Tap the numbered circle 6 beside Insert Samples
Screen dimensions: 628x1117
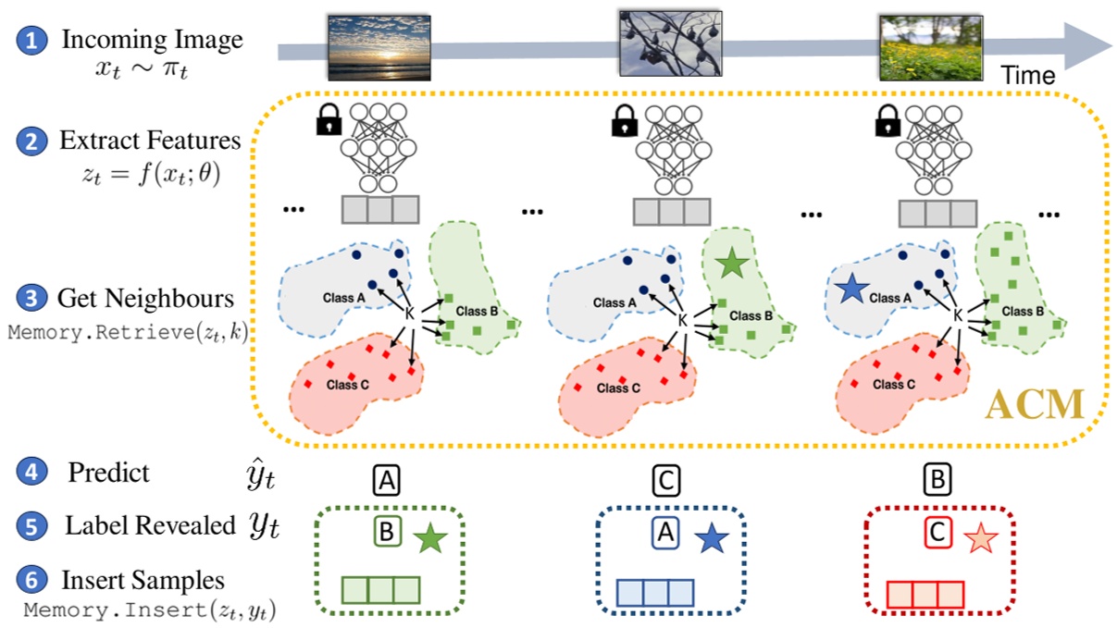[33, 580]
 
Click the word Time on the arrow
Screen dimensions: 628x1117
[1027, 76]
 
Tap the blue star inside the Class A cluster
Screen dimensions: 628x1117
[850, 289]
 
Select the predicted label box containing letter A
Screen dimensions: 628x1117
[387, 479]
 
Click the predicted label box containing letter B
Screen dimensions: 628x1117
[937, 479]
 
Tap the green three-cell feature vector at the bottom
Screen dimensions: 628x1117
[380, 590]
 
